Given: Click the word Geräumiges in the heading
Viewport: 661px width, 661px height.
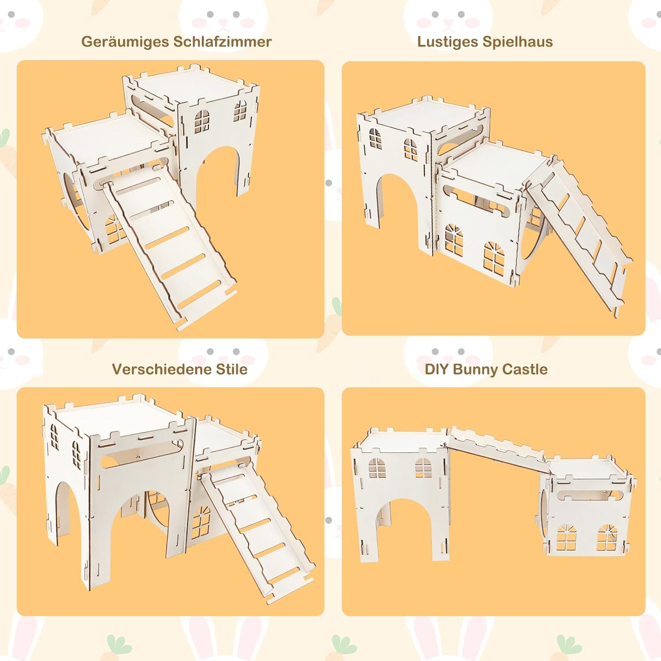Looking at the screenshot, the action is click(x=126, y=42).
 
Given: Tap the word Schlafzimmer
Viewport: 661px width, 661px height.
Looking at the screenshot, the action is click(x=223, y=41).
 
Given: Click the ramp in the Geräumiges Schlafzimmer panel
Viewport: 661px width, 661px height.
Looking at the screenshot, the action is click(x=170, y=247).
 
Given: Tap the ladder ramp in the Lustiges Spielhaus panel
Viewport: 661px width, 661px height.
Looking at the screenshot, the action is click(x=579, y=238).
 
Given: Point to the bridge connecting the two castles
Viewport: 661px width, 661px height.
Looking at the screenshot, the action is click(x=498, y=449).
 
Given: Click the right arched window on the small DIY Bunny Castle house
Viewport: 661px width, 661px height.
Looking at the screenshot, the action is click(x=607, y=538).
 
